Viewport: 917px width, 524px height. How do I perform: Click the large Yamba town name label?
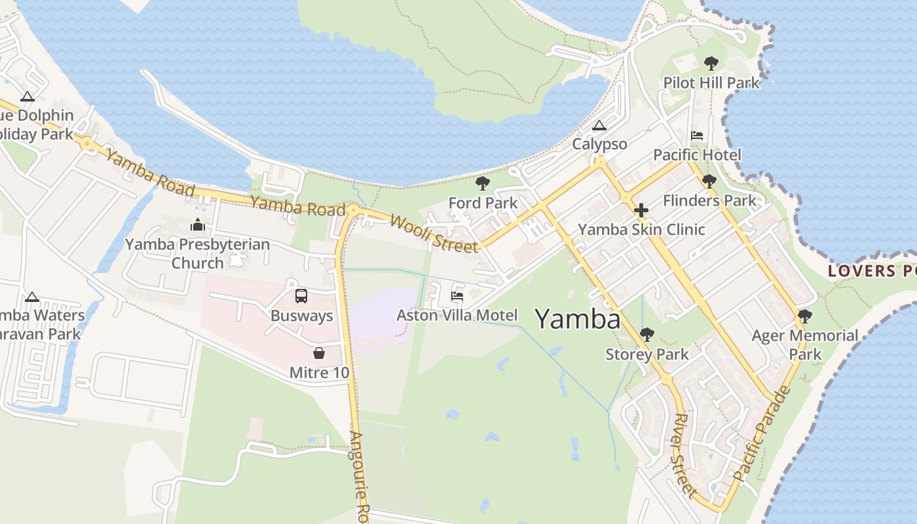tap(578, 319)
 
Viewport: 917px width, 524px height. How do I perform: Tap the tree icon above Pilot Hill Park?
tap(711, 64)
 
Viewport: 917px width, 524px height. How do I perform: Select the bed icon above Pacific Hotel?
tap(697, 136)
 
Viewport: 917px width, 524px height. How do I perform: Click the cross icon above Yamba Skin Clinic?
tap(641, 210)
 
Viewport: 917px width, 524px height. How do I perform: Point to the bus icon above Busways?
tap(301, 296)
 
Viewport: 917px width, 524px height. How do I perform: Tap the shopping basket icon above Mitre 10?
tap(319, 353)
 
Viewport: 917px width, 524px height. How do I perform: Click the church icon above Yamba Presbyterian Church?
tap(197, 225)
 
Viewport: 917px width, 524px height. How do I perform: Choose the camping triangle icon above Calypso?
tap(599, 125)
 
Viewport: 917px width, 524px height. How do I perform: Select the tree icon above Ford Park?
tap(483, 183)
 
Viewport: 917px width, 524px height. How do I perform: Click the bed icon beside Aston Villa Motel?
tap(457, 296)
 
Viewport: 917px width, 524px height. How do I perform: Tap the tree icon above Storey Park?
tap(646, 335)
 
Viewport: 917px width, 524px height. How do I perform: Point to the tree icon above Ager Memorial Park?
tap(805, 316)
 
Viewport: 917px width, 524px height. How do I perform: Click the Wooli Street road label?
tap(434, 233)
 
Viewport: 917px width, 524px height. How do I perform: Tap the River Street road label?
tap(683, 453)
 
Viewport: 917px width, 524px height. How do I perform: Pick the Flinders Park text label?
tap(709, 200)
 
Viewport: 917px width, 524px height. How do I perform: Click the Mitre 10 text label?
tap(319, 373)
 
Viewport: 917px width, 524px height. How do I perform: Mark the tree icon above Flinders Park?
tap(709, 181)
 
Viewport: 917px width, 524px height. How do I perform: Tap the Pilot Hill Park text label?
tap(711, 83)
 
